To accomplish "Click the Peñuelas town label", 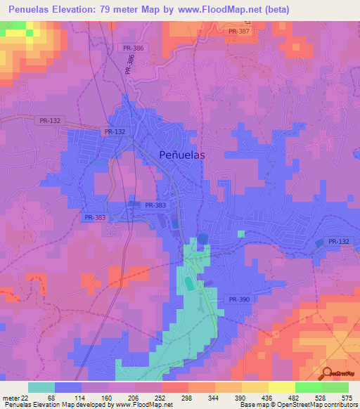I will pyautogui.click(x=182, y=156).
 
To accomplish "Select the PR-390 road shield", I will pyautogui.click(x=238, y=299).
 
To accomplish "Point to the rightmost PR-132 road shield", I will pyautogui.click(x=337, y=242).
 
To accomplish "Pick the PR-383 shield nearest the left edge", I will pyautogui.click(x=94, y=218).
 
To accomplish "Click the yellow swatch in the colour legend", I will pyautogui.click(x=281, y=387).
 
